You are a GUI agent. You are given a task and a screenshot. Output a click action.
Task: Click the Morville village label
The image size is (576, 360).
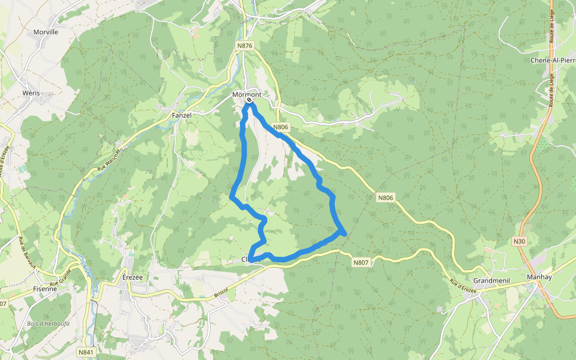46,32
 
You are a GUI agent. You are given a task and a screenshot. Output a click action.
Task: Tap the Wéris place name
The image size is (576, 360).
31,94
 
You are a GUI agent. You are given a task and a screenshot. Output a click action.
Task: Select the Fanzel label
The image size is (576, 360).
181,115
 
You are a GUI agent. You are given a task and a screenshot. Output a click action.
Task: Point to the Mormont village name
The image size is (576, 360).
247,95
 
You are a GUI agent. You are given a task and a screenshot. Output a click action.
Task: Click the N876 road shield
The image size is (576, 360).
244,46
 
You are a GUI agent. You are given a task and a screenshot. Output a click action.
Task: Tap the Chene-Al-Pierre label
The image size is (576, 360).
553,61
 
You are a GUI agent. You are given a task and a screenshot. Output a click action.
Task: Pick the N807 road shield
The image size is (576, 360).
361,262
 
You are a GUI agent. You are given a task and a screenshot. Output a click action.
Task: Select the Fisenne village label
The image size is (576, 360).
44,289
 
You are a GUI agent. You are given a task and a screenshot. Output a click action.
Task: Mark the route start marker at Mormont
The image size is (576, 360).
249,101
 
